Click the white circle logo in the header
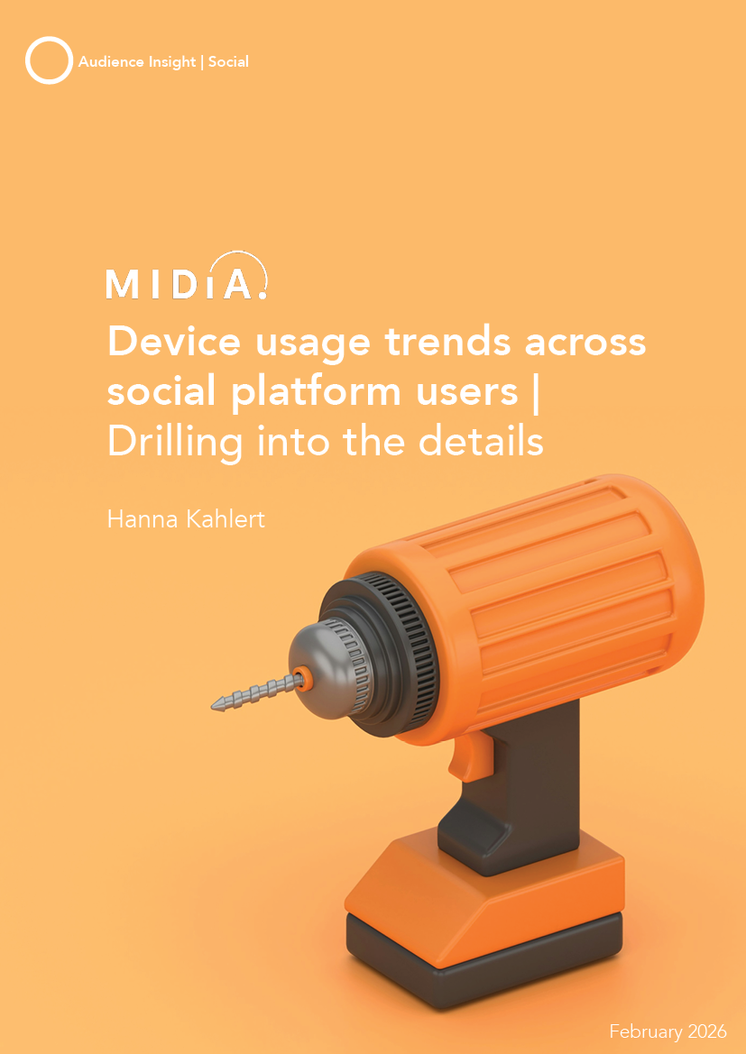(x=49, y=60)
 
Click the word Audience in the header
(x=110, y=62)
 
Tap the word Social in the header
(x=228, y=62)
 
